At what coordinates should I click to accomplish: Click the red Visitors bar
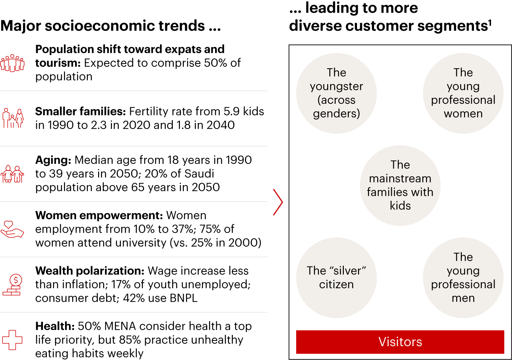pos(400,342)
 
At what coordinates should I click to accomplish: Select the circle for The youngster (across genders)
pos(336,93)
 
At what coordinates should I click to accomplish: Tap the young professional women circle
pos(463,93)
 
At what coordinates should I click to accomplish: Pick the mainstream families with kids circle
pos(400,185)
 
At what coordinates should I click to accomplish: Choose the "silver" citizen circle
pos(336,278)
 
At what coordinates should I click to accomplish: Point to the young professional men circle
pos(463,278)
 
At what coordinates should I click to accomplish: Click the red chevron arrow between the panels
pos(278,202)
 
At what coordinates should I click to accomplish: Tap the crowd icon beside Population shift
pos(12,63)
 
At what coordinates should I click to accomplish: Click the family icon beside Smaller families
pos(13,118)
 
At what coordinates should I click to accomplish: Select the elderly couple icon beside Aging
pos(12,174)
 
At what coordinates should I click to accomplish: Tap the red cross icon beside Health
pos(12,340)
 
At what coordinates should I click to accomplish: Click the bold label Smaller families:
pos(80,112)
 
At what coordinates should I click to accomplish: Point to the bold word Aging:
pos(53,160)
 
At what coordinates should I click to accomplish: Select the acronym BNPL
pos(183,298)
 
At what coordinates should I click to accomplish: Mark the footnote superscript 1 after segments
pos(490,23)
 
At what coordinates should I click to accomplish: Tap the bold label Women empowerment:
pos(99,216)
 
